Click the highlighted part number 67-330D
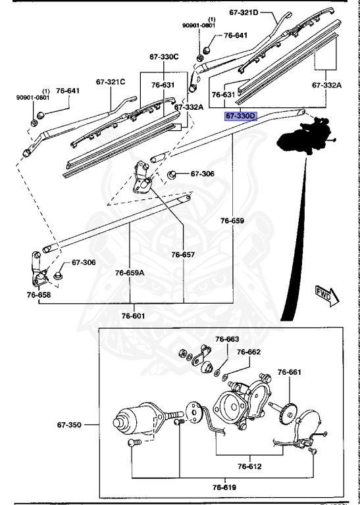click(x=240, y=116)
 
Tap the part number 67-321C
click(x=110, y=82)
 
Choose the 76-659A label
click(x=130, y=272)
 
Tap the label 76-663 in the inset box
click(x=228, y=339)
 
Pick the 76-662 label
click(x=249, y=352)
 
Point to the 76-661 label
click(x=289, y=372)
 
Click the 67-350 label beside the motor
click(x=68, y=425)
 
